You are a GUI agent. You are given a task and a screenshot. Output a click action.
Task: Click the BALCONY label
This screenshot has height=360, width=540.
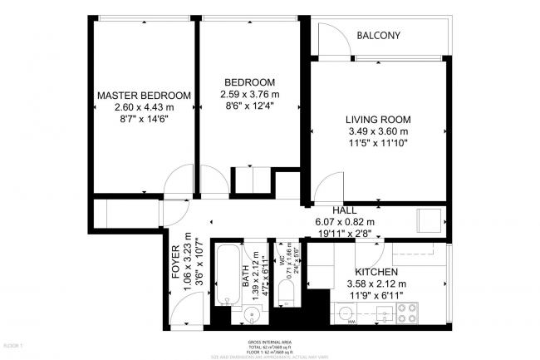pyautogui.click(x=378, y=36)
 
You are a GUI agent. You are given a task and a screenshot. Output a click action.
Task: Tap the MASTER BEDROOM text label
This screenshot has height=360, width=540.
pyautogui.click(x=144, y=95)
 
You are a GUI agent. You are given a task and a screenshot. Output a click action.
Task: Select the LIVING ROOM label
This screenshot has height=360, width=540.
pyautogui.click(x=378, y=119)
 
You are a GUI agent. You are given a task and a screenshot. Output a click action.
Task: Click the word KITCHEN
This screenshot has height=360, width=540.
pyautogui.click(x=376, y=273)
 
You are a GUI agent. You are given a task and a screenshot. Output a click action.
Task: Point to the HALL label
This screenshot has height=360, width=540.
pyautogui.click(x=344, y=210)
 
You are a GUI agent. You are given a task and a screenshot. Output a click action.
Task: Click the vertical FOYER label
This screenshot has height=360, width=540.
pyautogui.click(x=175, y=262)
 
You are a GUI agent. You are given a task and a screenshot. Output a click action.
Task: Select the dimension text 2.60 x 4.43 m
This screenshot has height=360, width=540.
pyautogui.click(x=144, y=107)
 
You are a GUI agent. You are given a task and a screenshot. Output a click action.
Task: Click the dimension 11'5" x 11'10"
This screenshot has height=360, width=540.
pyautogui.click(x=378, y=143)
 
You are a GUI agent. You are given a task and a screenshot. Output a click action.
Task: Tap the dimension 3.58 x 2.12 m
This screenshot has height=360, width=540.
pyautogui.click(x=376, y=284)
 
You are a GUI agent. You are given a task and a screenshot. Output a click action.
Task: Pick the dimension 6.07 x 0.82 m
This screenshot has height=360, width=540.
pyautogui.click(x=344, y=222)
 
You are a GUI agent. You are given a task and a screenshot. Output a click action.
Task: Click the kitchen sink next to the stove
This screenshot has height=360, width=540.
pyautogui.click(x=383, y=314)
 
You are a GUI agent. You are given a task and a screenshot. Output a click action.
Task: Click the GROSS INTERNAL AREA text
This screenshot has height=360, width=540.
pyautogui.click(x=270, y=343)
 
